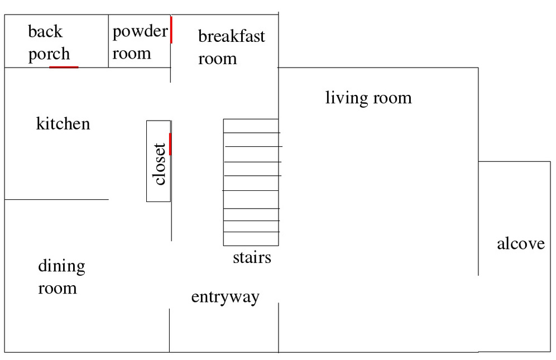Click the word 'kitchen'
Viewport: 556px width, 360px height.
tap(63, 124)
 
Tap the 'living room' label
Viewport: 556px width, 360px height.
tap(368, 98)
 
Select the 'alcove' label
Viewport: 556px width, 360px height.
tap(520, 244)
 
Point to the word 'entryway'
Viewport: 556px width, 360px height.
tap(225, 297)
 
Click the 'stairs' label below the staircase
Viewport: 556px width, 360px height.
tap(252, 257)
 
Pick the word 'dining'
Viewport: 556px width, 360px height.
tap(62, 266)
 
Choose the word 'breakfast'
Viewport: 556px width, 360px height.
tap(231, 36)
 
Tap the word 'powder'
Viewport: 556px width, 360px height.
tap(140, 32)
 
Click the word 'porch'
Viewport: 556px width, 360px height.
tap(49, 54)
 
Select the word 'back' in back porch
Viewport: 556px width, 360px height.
tap(45, 31)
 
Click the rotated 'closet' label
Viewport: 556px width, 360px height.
tap(160, 164)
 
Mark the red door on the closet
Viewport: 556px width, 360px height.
tap(170, 144)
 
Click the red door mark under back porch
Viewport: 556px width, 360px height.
tap(64, 67)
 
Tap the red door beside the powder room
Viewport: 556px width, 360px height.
tap(171, 30)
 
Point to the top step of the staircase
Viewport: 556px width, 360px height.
tap(251, 126)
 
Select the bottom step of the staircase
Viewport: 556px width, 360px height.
tap(251, 239)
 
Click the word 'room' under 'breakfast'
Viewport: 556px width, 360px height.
tap(217, 59)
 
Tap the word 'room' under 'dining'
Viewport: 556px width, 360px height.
tap(57, 289)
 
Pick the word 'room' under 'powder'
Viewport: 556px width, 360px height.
tap(132, 54)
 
